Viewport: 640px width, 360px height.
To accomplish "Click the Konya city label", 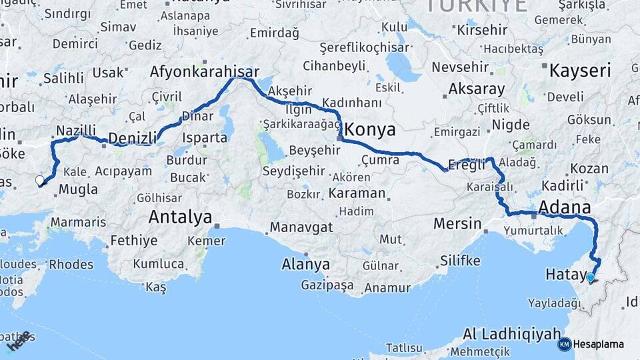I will pos(369,129).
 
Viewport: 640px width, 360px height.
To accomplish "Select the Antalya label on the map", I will pos(180,217).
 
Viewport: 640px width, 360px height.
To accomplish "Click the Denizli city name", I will pos(132,138).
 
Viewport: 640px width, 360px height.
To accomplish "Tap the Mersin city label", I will pos(457,223).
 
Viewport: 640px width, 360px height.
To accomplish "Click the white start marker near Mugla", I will pos(39,180).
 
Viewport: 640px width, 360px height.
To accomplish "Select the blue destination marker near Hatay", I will pos(590,277).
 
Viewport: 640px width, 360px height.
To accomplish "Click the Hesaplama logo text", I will pos(599,345).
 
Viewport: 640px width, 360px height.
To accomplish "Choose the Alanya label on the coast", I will pos(305,264).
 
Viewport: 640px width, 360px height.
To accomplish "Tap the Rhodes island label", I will pos(71,265).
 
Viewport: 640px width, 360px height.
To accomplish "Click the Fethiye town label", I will pos(134,241).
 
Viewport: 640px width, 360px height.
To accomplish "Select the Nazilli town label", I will pos(76,130).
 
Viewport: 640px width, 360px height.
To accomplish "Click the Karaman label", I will pos(357,193).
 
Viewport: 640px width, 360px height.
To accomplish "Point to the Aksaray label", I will pos(477,89).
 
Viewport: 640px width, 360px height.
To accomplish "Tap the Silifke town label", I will pos(460,261).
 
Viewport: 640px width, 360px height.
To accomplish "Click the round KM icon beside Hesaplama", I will pos(564,345).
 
